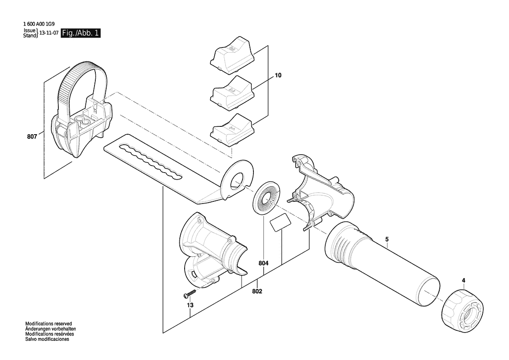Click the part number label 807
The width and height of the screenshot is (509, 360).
tap(32, 137)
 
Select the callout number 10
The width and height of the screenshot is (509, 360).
tap(278, 75)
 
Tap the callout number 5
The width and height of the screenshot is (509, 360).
tap(387, 239)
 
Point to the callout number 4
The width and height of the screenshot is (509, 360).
tap(463, 280)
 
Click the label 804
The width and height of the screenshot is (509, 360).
tap(263, 264)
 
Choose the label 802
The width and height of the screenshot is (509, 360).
tap(257, 292)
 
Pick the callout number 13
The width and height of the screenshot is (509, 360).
tap(190, 305)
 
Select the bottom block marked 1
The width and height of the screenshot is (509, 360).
tap(232, 131)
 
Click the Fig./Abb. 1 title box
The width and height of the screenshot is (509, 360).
tap(81, 33)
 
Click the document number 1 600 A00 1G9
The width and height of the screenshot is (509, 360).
tap(39, 24)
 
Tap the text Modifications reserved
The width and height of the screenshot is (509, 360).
tap(49, 324)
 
